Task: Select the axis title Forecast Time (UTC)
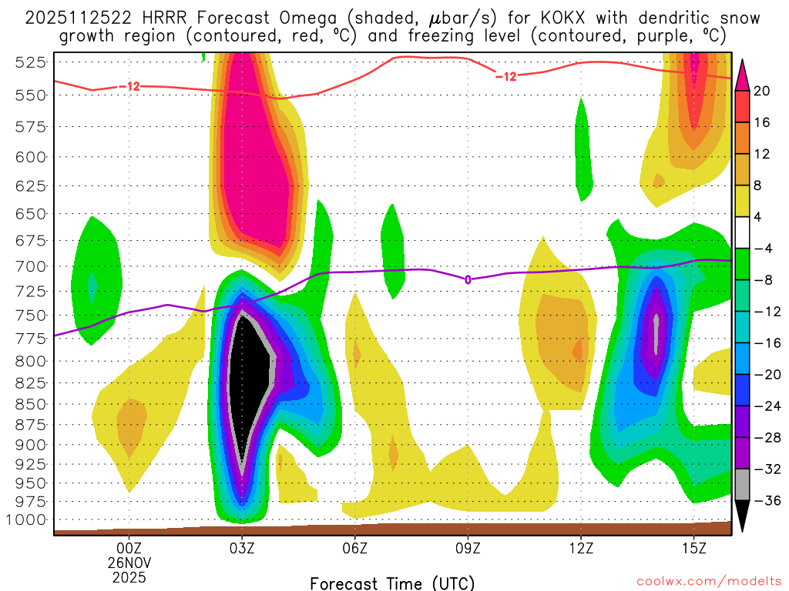click(x=392, y=583)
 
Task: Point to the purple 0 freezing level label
click(x=468, y=279)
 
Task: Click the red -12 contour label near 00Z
click(x=129, y=86)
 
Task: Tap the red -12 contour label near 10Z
click(x=505, y=75)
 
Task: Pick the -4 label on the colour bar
click(x=763, y=249)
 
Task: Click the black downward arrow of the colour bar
click(x=743, y=515)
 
